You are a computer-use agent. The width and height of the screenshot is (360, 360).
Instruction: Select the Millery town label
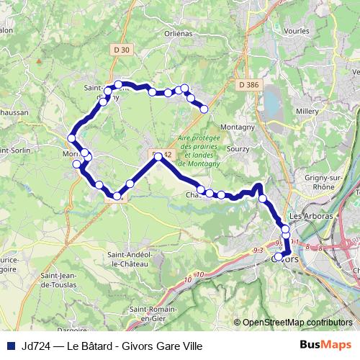tap(307, 112)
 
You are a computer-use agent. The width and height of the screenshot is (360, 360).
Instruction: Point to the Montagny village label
tap(237, 127)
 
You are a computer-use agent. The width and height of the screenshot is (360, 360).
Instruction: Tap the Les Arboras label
tap(310, 216)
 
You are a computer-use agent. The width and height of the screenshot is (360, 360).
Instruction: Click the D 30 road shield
tap(122, 49)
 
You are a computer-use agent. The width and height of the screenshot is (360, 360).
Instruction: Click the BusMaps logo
tap(326, 346)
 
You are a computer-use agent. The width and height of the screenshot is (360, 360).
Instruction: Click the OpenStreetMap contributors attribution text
tap(297, 323)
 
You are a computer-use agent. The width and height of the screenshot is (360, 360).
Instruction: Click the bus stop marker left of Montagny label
tap(204, 109)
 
